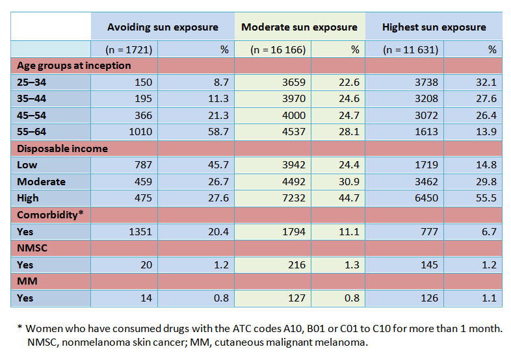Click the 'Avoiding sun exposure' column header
click(163, 27)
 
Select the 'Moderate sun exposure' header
click(299, 27)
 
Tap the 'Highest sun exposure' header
click(434, 27)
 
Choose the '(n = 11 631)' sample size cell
click(410, 49)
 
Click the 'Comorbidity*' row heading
click(50, 215)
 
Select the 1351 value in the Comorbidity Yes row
click(140, 232)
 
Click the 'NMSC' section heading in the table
click(30, 248)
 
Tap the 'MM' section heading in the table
click(25, 281)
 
